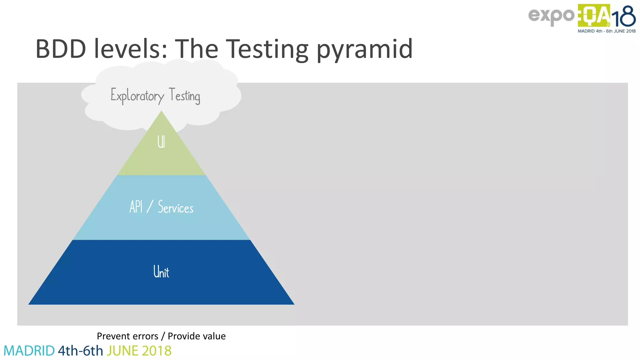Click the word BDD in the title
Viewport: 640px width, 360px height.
click(x=61, y=49)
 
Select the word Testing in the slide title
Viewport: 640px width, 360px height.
click(x=267, y=49)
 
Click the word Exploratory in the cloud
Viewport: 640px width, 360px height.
click(x=137, y=96)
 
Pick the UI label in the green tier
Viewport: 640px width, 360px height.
click(x=161, y=142)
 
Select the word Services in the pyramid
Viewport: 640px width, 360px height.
click(x=176, y=207)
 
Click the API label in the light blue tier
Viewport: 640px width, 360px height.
click(x=136, y=207)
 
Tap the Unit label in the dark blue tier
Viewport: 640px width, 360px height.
click(x=161, y=272)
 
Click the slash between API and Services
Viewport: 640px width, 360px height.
click(x=150, y=207)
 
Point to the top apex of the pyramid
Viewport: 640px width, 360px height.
click(x=161, y=112)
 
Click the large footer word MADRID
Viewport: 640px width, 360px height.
click(x=29, y=351)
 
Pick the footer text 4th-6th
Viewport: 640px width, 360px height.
click(x=80, y=351)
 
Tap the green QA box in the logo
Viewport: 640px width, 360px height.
click(x=594, y=15)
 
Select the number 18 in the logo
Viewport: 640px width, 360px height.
click(x=624, y=17)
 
